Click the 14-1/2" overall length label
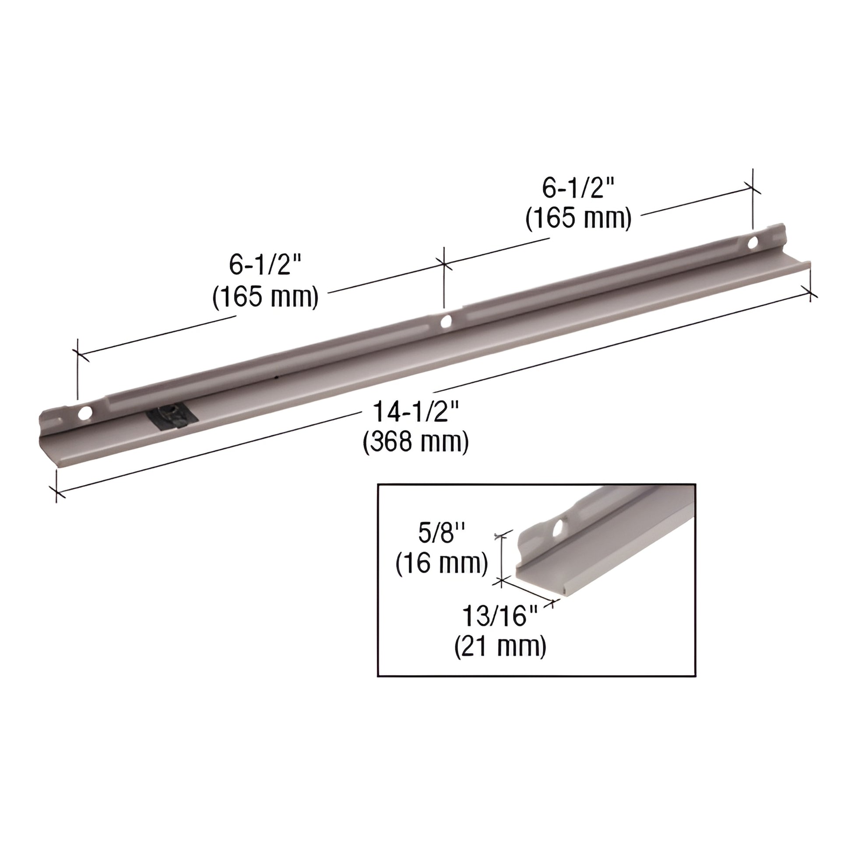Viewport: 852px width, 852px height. coord(416,412)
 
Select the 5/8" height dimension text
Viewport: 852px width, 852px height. coord(441,534)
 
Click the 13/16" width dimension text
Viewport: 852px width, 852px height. coord(500,616)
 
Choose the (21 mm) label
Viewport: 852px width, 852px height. coord(500,646)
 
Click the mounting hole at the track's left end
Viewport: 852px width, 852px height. coord(84,413)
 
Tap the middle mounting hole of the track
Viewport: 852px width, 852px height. coord(446,320)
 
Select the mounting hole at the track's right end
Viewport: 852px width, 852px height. coord(752,242)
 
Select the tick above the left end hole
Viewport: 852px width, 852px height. coord(78,353)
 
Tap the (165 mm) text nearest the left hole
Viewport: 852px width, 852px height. coord(265,297)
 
